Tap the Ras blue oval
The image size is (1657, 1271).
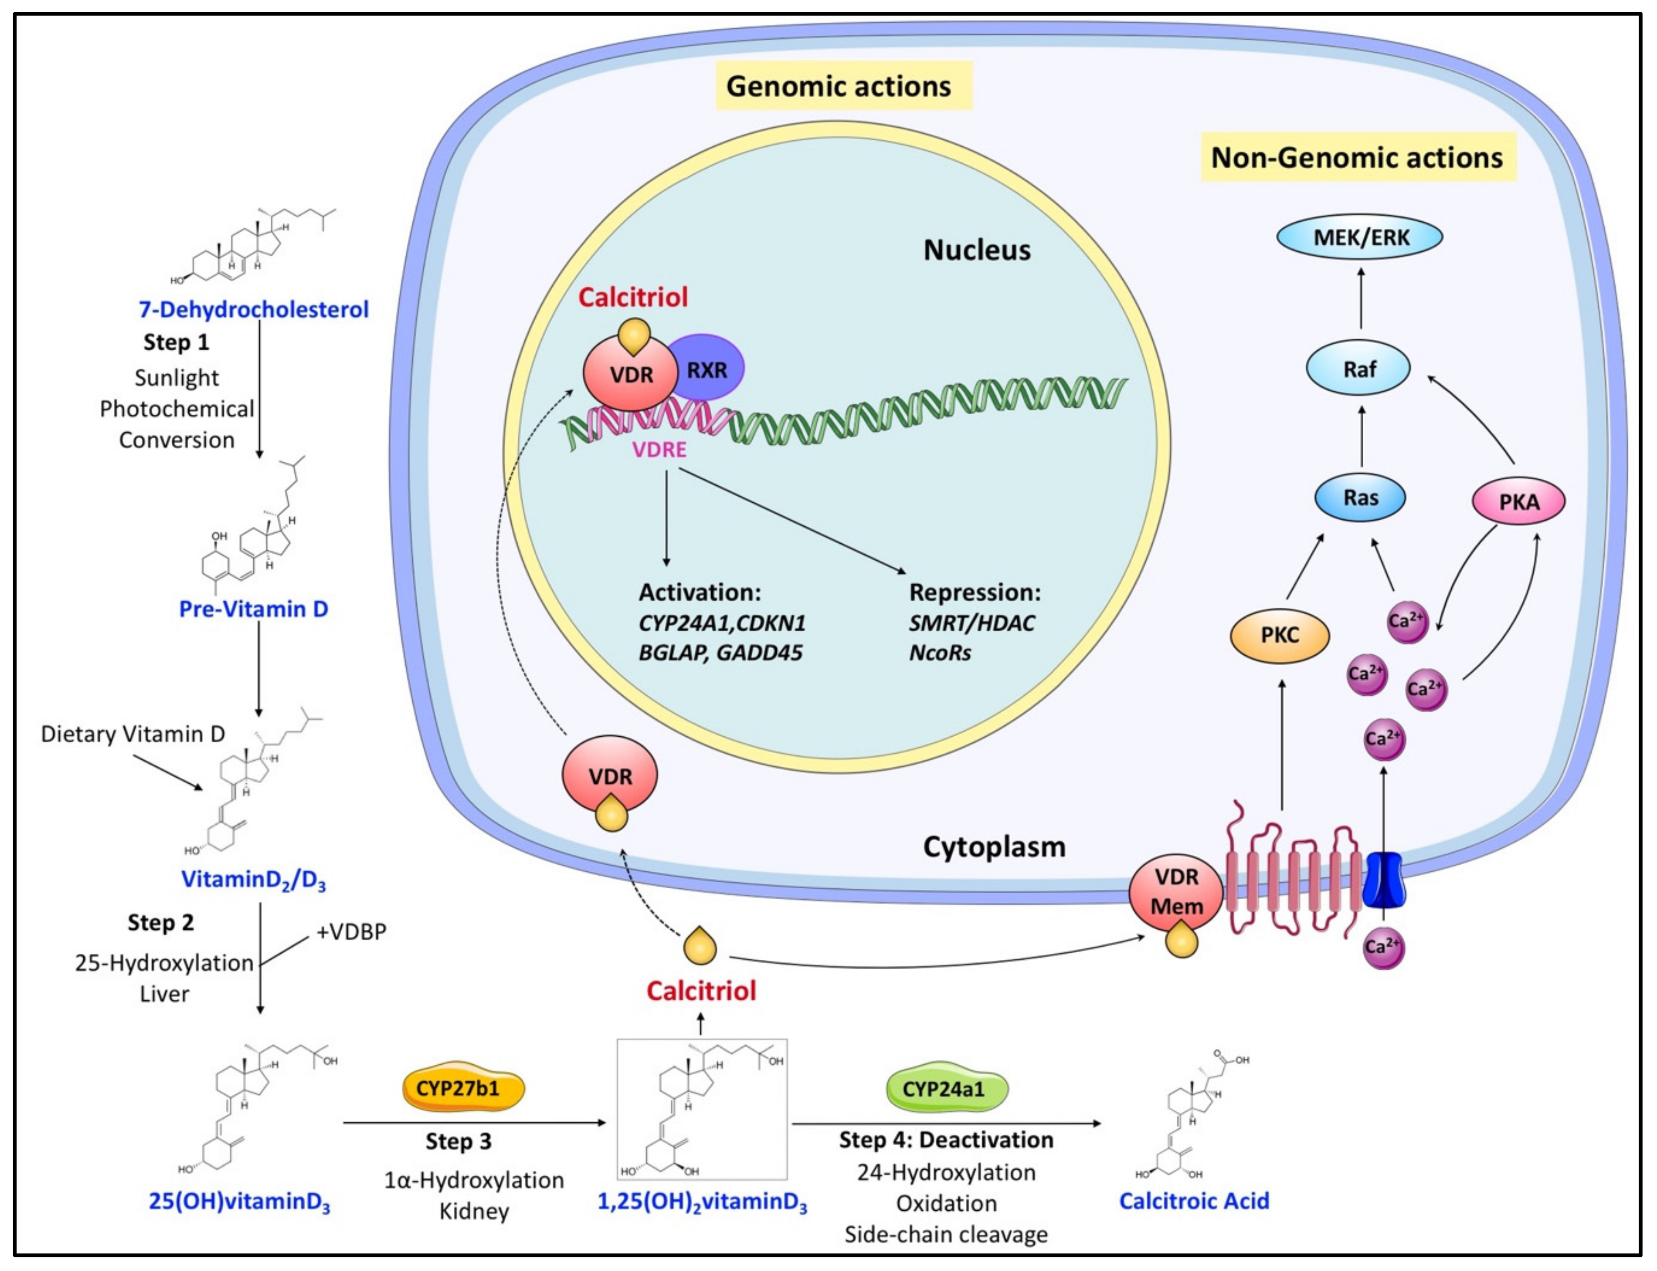pos(1359,498)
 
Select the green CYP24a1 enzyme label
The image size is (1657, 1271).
pos(947,1089)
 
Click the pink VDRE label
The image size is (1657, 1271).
pos(659,450)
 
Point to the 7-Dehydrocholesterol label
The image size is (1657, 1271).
pos(253,309)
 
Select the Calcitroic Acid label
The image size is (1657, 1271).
pos(1194,1201)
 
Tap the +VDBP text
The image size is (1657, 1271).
pos(351,931)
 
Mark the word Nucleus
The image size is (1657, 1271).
pos(977,249)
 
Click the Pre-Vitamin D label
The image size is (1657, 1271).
pos(253,609)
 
